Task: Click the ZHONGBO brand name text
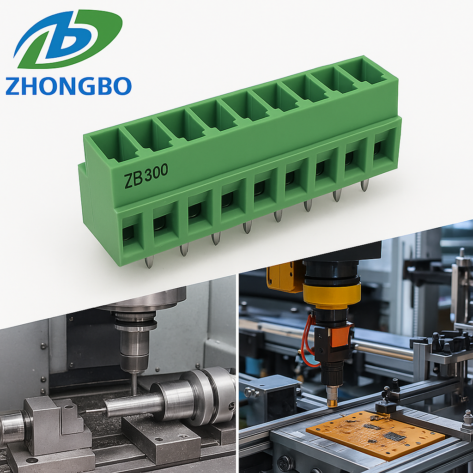[x=68, y=86]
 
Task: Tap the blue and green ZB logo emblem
[x=68, y=39]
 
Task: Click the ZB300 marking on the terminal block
[x=146, y=176]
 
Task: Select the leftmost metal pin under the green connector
[x=149, y=261]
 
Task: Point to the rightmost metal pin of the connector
[x=364, y=185]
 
